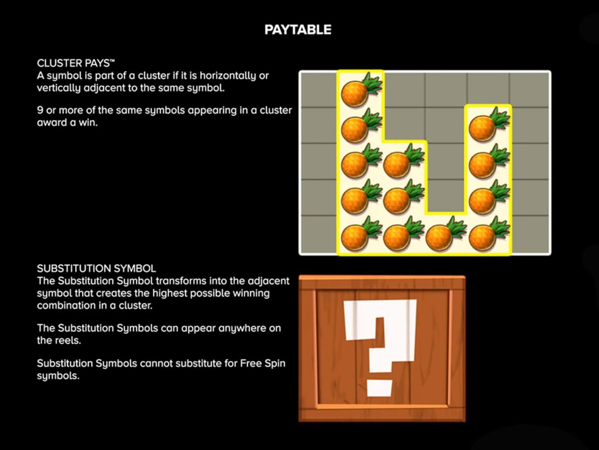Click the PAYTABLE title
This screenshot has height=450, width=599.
(x=297, y=30)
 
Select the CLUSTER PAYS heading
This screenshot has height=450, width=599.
(x=76, y=63)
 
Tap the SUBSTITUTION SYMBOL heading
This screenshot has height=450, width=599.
(x=97, y=268)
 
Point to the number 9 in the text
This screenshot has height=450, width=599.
(x=40, y=110)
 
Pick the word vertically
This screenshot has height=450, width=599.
(x=59, y=88)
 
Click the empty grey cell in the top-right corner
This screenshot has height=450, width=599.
(x=530, y=90)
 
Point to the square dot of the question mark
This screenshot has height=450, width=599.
(x=379, y=388)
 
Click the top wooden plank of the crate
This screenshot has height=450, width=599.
(x=382, y=283)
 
